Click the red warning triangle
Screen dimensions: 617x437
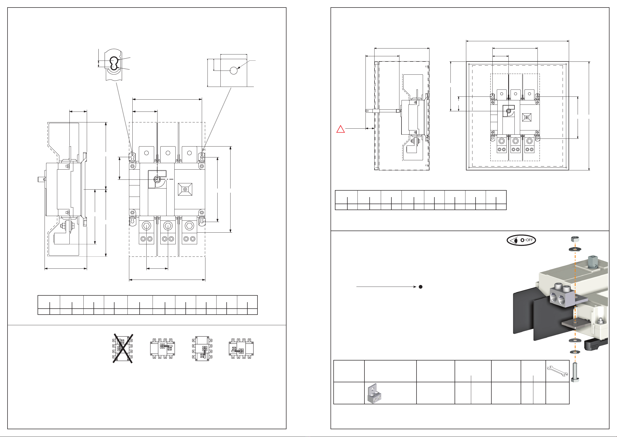coord(340,129)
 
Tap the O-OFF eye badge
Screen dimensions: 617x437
coord(521,240)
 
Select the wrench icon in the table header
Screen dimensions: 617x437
coord(558,371)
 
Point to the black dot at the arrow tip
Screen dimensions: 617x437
coord(421,287)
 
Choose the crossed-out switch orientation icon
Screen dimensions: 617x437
coord(123,349)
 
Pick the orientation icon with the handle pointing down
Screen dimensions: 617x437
coord(202,349)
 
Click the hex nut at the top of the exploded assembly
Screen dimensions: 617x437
coord(575,239)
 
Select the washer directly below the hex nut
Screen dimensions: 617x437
coord(575,249)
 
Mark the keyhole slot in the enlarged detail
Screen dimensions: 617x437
coord(114,63)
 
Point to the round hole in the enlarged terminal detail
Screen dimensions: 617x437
coord(234,71)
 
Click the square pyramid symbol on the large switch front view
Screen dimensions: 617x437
coord(185,189)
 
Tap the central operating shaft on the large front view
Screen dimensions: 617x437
coord(157,179)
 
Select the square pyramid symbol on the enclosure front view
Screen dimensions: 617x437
coord(526,117)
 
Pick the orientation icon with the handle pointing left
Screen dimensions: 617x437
coord(241,349)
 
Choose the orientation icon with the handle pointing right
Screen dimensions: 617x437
coord(163,349)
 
